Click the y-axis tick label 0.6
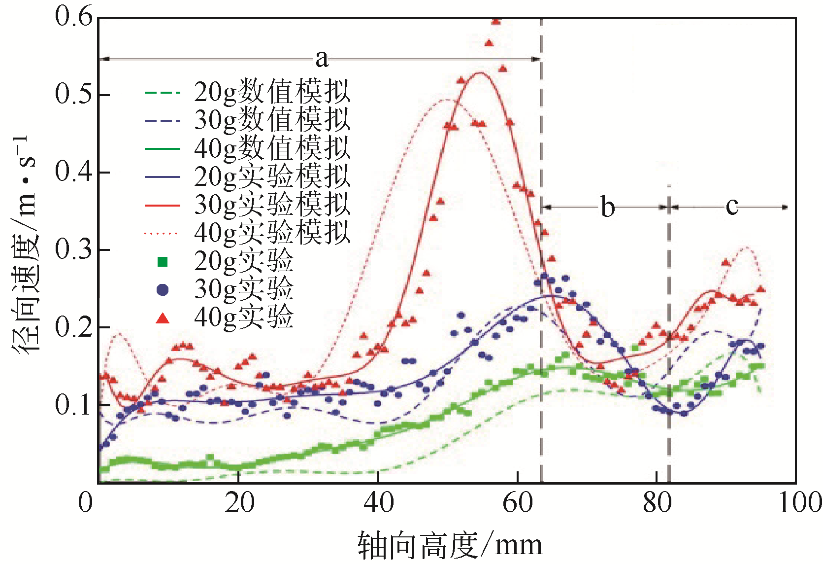click(x=73, y=17)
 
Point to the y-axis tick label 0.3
click(x=73, y=249)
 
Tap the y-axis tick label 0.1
click(x=73, y=405)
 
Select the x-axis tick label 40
click(x=379, y=503)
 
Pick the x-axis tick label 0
click(x=86, y=503)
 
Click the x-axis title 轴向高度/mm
click(x=449, y=545)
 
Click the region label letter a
click(x=321, y=59)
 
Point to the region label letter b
click(x=608, y=207)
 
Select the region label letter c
click(x=732, y=206)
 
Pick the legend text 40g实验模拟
click(x=272, y=232)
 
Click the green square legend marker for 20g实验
click(x=163, y=262)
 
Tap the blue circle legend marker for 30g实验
click(x=163, y=290)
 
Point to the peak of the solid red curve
click(x=480, y=73)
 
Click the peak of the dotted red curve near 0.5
click(x=447, y=100)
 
